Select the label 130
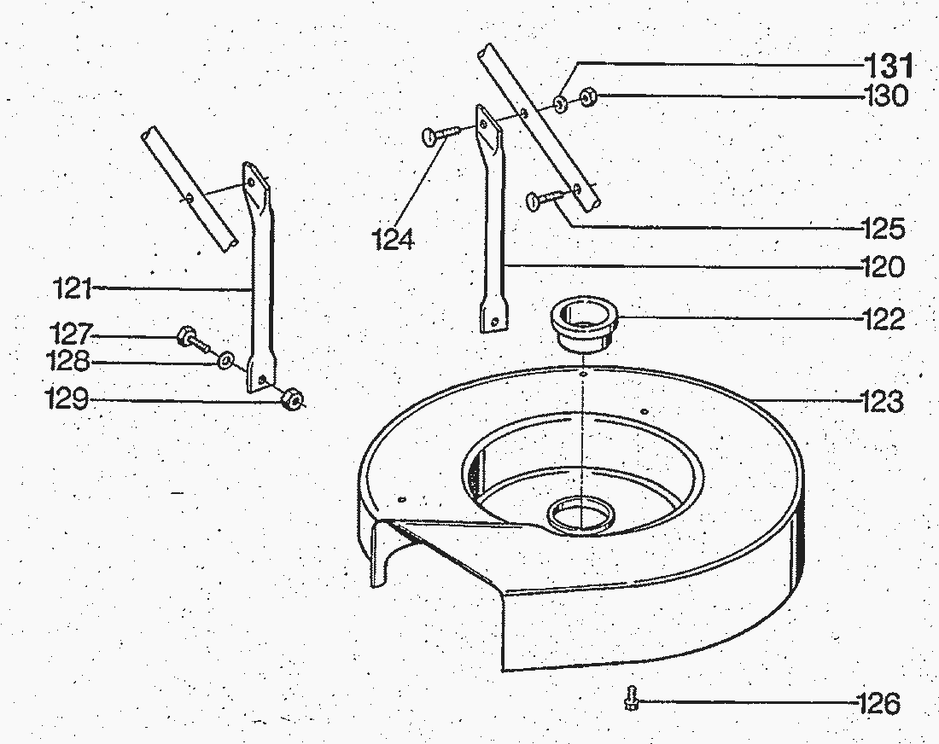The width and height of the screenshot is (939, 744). (884, 96)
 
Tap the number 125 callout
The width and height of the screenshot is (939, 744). (882, 229)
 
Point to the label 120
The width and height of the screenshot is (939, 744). (882, 268)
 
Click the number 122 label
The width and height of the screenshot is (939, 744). (882, 320)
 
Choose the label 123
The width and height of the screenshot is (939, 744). (880, 400)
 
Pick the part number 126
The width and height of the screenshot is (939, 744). (879, 704)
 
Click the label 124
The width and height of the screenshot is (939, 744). (393, 239)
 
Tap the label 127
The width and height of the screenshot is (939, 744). (71, 332)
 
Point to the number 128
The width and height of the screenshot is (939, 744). (69, 363)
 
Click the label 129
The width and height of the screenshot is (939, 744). (67, 399)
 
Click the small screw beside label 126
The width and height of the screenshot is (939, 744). (631, 699)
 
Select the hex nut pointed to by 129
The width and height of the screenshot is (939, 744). (291, 398)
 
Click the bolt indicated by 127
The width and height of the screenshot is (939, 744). (191, 340)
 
